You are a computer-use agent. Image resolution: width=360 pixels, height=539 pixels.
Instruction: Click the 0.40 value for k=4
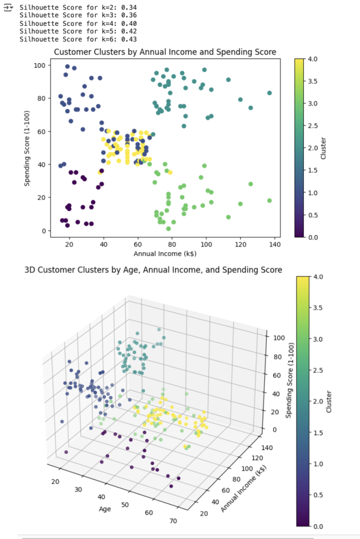(x=129, y=24)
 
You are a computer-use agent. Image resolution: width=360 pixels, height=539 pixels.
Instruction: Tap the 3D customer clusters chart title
(x=153, y=270)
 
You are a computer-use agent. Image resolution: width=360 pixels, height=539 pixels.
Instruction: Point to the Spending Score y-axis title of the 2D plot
(x=26, y=148)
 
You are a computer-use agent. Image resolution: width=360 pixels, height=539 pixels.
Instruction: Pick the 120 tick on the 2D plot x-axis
(x=241, y=245)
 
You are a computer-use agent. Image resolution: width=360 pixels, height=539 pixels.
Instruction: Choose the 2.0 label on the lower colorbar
(x=317, y=401)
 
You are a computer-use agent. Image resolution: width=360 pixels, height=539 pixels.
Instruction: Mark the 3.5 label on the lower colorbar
(x=317, y=307)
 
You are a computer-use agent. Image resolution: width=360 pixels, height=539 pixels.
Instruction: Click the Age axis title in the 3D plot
(x=105, y=509)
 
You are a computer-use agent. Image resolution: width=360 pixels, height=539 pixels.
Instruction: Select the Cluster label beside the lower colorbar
(x=329, y=401)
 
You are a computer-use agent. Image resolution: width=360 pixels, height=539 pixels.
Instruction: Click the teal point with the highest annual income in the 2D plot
(x=269, y=93)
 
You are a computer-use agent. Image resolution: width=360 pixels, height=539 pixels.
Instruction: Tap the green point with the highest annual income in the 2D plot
(x=269, y=201)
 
